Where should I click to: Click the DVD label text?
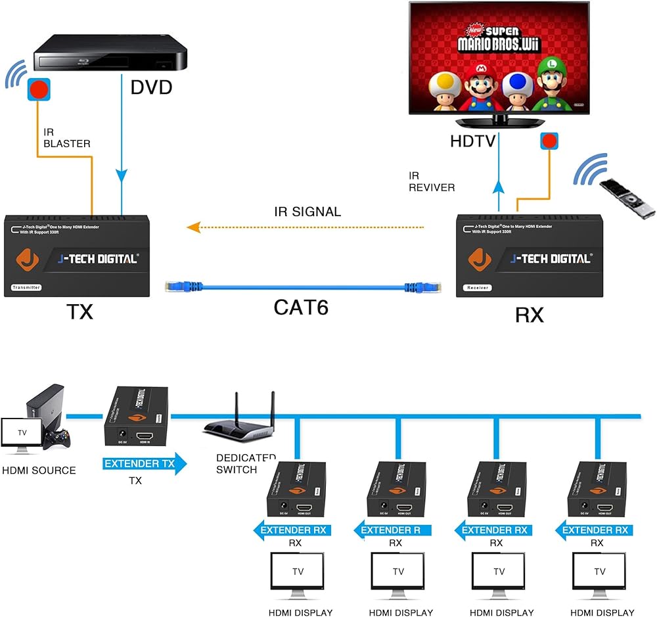tap(151, 86)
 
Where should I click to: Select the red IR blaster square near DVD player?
tap(39, 90)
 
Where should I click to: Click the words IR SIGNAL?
tap(307, 212)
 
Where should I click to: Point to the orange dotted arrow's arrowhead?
tap(193, 227)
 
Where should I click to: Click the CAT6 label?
tap(302, 307)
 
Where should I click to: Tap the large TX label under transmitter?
tap(79, 311)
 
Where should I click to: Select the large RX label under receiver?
tap(530, 315)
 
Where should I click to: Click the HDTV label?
tap(472, 141)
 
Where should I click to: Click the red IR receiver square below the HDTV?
tap(549, 141)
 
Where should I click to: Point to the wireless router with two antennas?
tap(240, 424)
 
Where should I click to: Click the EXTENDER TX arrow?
tap(144, 464)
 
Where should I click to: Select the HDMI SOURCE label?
tap(39, 470)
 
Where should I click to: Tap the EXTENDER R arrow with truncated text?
tap(392, 530)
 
